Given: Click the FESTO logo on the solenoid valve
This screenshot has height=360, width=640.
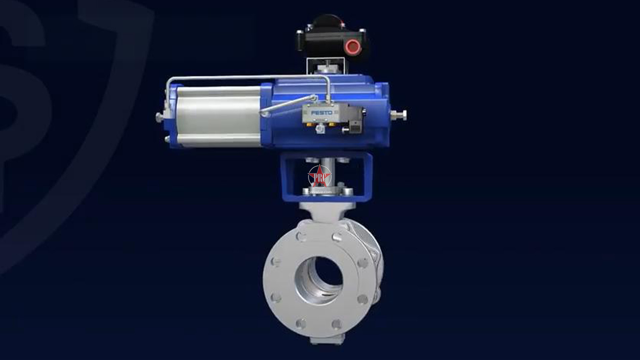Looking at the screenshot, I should pyautogui.click(x=319, y=113).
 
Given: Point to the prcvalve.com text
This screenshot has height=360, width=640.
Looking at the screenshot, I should pyautogui.click(x=320, y=192).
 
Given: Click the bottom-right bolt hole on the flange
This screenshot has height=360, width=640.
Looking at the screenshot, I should pyautogui.click(x=337, y=324).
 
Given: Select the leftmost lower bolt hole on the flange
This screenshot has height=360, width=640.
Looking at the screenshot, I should pyautogui.click(x=275, y=298).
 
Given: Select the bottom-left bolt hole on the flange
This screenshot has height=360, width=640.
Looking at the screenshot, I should pyautogui.click(x=301, y=323).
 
